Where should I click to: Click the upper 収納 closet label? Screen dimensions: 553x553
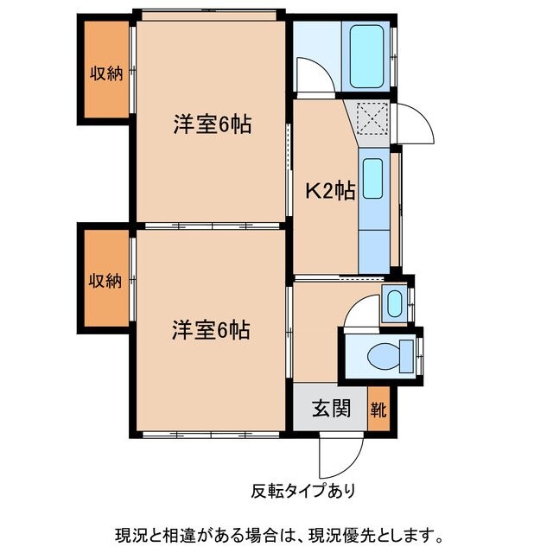click(x=107, y=73)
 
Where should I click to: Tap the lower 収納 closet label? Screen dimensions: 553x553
click(x=107, y=281)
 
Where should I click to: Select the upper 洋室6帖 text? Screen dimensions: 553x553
click(x=212, y=125)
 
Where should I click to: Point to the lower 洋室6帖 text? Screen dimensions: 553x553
click(x=211, y=330)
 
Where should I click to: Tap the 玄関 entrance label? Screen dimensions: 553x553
click(x=331, y=408)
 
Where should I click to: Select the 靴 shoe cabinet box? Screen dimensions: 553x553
click(x=378, y=408)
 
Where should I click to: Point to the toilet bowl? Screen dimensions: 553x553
click(x=384, y=354)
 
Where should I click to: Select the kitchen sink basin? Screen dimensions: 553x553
click(x=372, y=179)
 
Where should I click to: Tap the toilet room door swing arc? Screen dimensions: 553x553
click(x=358, y=315)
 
